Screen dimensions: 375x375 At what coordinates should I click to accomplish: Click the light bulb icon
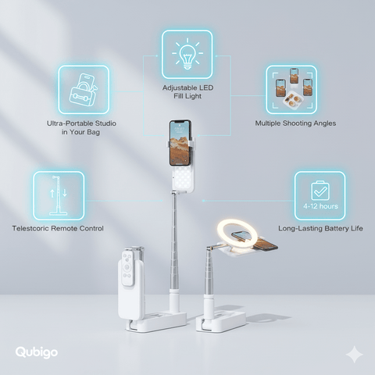(187, 54)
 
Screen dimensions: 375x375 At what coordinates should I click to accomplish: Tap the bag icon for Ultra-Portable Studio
(84, 90)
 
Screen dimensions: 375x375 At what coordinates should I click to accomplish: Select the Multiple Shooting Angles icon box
(291, 90)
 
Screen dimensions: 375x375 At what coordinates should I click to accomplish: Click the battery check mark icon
(320, 191)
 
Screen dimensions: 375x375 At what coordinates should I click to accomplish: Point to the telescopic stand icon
(59, 195)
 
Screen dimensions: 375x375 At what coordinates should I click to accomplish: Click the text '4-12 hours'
(320, 206)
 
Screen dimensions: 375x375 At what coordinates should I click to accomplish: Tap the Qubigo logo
(37, 352)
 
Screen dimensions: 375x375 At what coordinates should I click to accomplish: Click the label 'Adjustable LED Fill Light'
(187, 91)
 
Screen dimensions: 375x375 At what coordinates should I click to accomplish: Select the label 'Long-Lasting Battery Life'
(320, 228)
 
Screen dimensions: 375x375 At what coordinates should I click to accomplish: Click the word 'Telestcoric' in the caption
(30, 228)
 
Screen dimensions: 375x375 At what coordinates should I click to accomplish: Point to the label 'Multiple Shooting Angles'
(295, 123)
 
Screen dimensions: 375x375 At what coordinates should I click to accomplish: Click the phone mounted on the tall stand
(180, 143)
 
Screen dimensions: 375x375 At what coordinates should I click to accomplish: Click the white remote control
(128, 269)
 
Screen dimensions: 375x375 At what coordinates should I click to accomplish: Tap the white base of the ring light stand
(221, 322)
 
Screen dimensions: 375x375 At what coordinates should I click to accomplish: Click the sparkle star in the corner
(354, 355)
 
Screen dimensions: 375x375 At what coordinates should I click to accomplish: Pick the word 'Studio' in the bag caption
(105, 123)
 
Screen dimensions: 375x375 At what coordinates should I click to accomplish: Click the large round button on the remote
(127, 267)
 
